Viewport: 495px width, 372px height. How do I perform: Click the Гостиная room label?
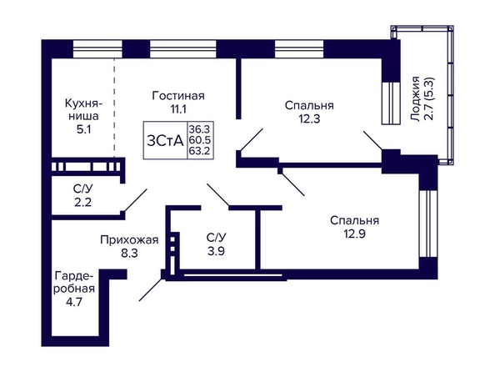(x=178, y=95)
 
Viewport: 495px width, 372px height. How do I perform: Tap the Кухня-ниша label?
(x=83, y=110)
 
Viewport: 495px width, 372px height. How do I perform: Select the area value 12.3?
(x=309, y=119)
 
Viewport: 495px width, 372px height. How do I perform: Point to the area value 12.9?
(x=354, y=234)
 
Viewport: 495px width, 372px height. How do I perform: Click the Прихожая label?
(x=129, y=240)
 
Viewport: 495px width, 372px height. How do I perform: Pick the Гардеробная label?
(x=74, y=282)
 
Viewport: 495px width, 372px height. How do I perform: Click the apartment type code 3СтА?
(x=165, y=141)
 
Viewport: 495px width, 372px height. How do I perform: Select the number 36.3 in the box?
(x=199, y=129)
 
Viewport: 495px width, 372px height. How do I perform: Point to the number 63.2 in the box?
(x=199, y=151)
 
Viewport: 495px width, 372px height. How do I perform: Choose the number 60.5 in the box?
(x=199, y=140)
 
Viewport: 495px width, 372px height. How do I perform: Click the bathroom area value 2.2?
(x=83, y=202)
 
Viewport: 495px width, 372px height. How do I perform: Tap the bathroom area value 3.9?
(x=216, y=251)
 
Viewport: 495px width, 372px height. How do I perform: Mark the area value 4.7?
(x=74, y=302)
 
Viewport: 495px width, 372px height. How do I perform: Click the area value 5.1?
(x=83, y=129)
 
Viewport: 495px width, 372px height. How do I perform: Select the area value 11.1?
(x=178, y=109)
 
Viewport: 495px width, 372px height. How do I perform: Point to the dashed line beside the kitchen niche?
(x=114, y=108)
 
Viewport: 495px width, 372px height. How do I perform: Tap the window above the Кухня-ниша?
(x=97, y=48)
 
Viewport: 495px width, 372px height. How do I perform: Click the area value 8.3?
(x=129, y=254)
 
